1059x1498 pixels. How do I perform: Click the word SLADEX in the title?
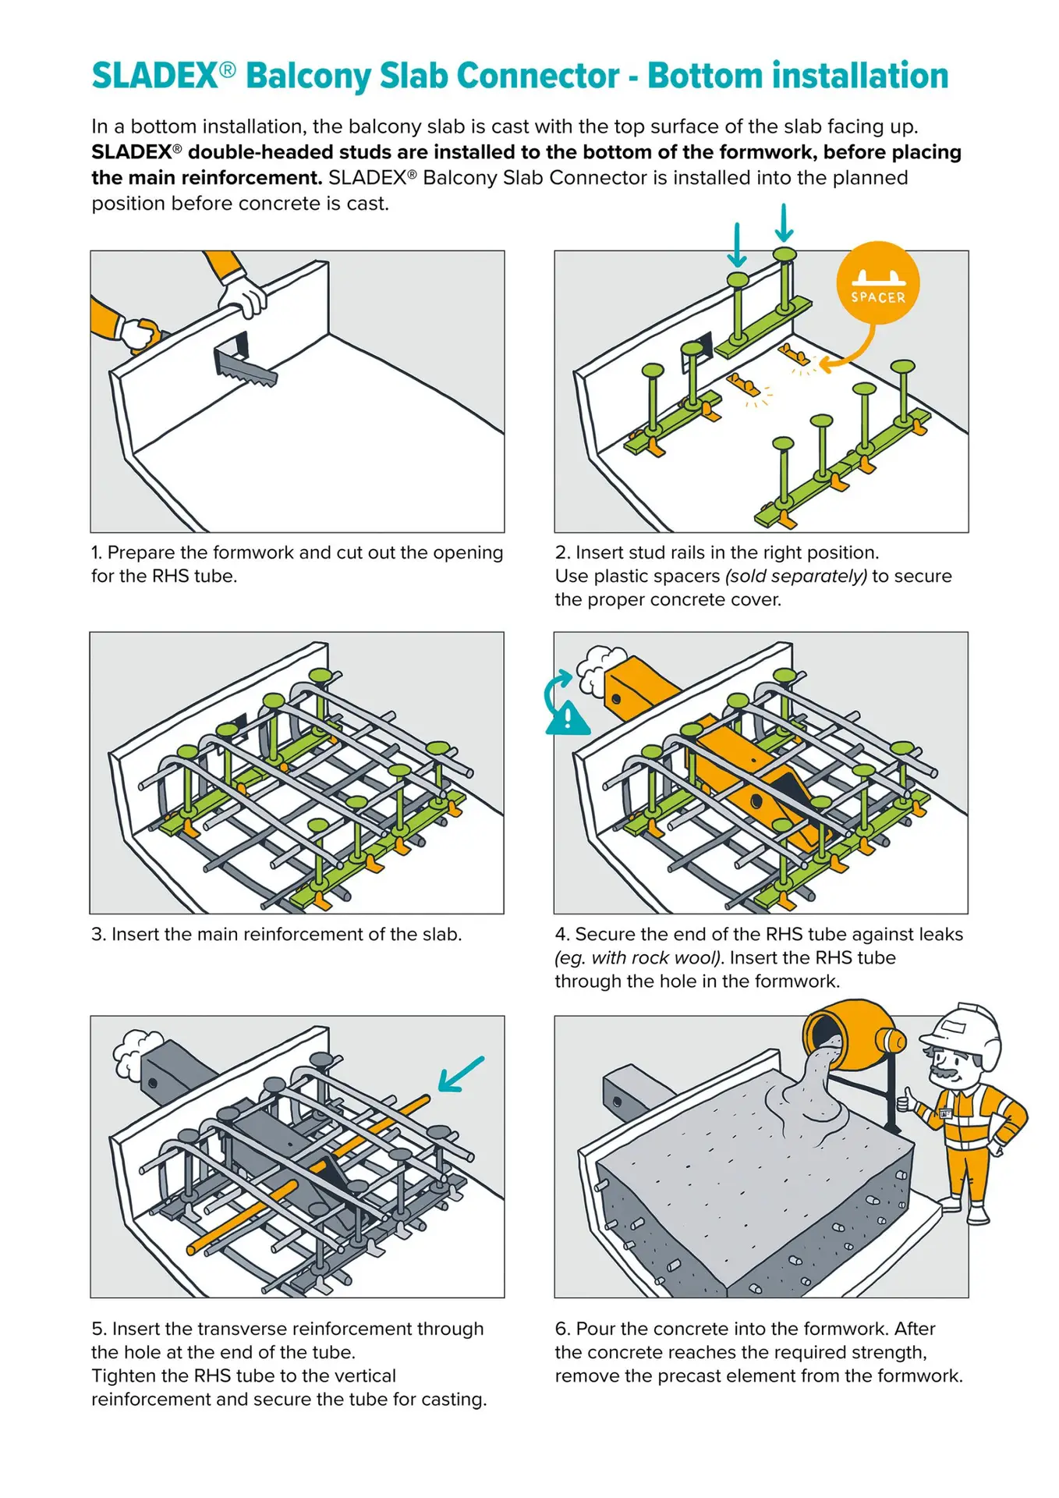[x=154, y=76]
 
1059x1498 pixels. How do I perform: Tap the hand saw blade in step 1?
[x=246, y=371]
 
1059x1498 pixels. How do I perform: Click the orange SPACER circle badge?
[x=877, y=282]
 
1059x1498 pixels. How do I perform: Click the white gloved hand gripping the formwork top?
[x=243, y=294]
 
